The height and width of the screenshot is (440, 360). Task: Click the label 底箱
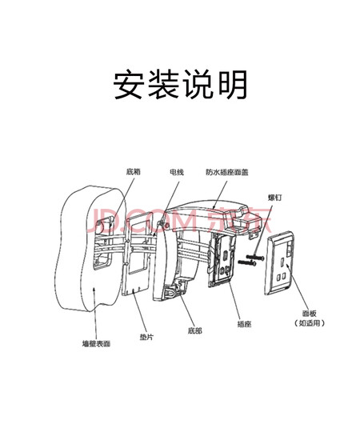[x=133, y=171]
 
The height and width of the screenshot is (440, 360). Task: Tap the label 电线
[x=177, y=172]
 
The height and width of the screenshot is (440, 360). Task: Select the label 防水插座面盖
[x=227, y=172]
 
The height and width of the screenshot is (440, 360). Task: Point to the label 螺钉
[x=274, y=198]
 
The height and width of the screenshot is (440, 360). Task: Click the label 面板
[x=310, y=314]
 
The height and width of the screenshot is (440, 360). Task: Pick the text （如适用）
[x=310, y=323]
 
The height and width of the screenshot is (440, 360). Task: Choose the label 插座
[x=244, y=324]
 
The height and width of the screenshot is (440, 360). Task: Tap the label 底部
[x=194, y=330]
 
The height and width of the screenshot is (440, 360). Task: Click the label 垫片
[x=146, y=337]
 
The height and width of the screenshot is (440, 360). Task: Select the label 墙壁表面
[x=96, y=343]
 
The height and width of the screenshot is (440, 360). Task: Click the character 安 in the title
[x=129, y=85]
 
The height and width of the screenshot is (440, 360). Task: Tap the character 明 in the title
[x=233, y=85]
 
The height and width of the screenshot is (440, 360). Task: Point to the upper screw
[x=255, y=257]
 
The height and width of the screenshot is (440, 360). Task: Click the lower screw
[x=247, y=263]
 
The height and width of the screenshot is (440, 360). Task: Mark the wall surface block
[x=90, y=248]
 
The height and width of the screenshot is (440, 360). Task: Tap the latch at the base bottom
[x=172, y=293]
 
